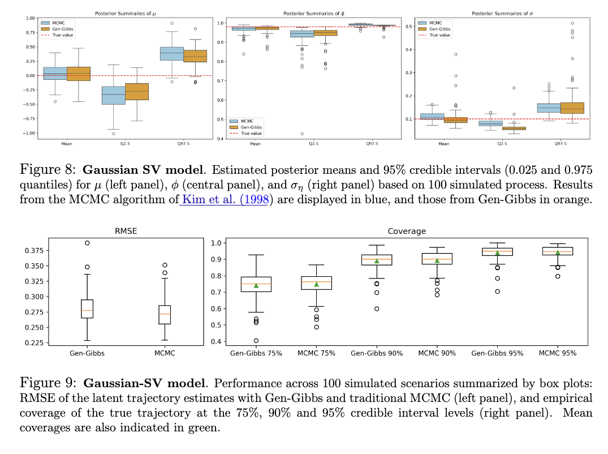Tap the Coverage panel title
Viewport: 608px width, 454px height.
407,231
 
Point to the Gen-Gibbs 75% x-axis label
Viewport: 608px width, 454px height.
256,353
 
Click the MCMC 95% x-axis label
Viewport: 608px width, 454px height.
558,353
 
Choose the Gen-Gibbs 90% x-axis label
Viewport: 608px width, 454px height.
377,353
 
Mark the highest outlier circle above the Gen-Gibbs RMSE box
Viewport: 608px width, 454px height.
87,243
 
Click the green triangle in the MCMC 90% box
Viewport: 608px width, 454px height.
437,260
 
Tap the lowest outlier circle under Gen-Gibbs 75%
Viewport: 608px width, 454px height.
256,341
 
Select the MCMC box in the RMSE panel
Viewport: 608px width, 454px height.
164,315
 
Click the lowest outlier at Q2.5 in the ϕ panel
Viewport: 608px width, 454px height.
302,134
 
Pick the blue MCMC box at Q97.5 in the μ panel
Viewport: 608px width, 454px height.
171,53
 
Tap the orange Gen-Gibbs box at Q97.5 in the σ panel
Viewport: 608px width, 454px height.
572,108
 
